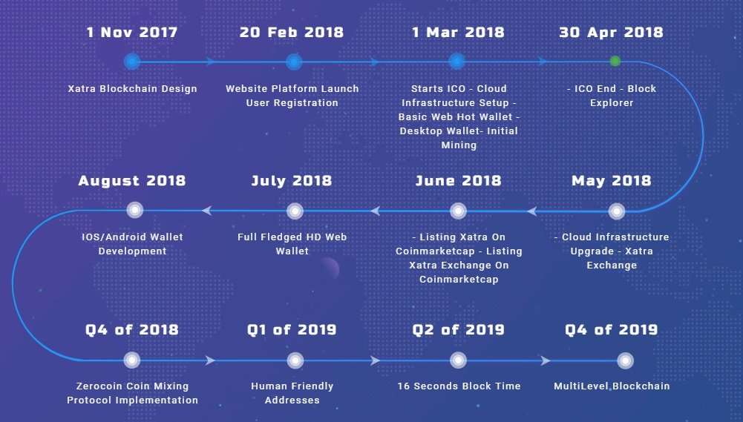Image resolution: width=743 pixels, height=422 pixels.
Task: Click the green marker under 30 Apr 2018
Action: tap(615, 61)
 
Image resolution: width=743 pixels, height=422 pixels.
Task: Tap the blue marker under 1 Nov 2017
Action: tap(132, 62)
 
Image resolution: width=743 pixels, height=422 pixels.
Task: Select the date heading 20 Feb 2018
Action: tap(292, 32)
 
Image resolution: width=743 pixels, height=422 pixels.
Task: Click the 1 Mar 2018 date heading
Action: tap(458, 32)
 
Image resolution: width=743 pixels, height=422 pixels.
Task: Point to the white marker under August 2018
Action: tap(135, 210)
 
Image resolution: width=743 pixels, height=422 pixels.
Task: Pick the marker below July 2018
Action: tap(295, 211)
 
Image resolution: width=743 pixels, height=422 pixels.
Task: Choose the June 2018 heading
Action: tap(458, 180)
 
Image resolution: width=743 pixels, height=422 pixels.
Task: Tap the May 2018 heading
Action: tap(612, 181)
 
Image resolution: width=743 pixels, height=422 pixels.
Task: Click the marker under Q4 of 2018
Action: tap(131, 360)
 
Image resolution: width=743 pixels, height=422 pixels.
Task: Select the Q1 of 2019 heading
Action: tap(292, 329)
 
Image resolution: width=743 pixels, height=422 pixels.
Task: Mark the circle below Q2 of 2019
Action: tap(458, 360)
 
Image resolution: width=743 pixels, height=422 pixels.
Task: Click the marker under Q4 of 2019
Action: tap(626, 360)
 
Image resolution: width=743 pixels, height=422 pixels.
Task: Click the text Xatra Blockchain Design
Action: tap(132, 88)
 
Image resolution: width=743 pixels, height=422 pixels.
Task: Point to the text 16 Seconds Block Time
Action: tap(459, 386)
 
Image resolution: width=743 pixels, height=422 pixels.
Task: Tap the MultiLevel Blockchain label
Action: tap(612, 386)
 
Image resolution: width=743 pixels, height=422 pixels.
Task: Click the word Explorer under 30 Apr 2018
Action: tap(612, 103)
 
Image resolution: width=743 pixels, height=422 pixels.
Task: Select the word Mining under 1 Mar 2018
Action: tap(459, 145)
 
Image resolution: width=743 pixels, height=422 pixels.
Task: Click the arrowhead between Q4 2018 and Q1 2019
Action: tap(210, 360)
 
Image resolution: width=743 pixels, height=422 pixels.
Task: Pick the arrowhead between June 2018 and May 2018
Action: tap(532, 211)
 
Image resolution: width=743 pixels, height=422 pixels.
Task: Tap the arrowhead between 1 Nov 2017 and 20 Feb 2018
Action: tap(210, 62)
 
